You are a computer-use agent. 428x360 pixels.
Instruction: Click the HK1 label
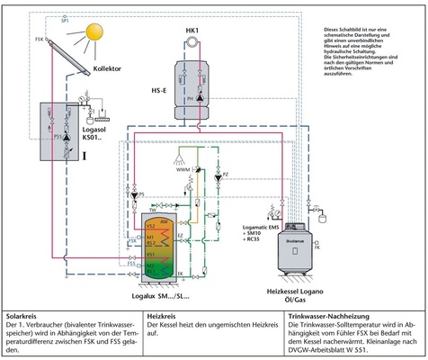click(x=192, y=32)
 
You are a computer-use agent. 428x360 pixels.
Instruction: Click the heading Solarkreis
click(x=24, y=317)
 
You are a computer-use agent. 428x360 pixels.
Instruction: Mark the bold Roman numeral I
click(x=84, y=155)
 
